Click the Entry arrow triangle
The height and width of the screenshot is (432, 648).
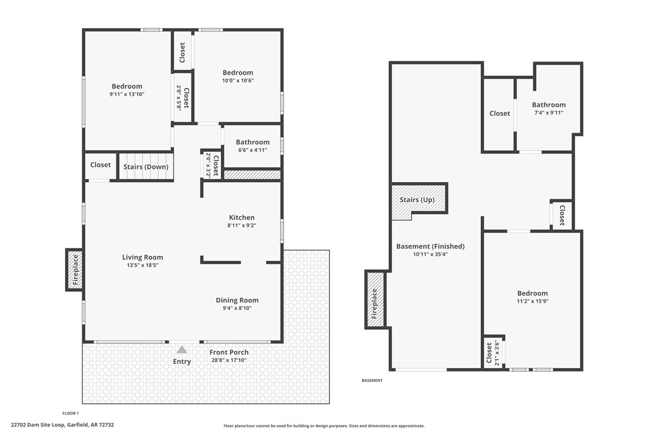pyautogui.click(x=181, y=350)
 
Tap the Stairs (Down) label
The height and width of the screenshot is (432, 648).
pyautogui.click(x=146, y=167)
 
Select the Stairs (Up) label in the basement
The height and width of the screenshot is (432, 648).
pyautogui.click(x=417, y=200)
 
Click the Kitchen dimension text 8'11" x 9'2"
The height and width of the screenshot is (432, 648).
pyautogui.click(x=242, y=226)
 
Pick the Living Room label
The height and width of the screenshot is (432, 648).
pyautogui.click(x=143, y=257)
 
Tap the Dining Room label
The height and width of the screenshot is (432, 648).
pyautogui.click(x=237, y=300)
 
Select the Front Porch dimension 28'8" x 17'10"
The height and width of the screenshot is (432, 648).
pyautogui.click(x=229, y=360)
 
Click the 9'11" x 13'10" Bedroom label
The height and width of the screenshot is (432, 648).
pyautogui.click(x=127, y=94)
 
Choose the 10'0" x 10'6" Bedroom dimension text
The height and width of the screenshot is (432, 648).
pyautogui.click(x=238, y=81)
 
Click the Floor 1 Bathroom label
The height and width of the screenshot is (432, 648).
pyautogui.click(x=252, y=142)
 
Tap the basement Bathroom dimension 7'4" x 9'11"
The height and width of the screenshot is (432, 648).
pyautogui.click(x=548, y=113)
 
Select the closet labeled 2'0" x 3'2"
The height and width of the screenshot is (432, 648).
pyautogui.click(x=212, y=163)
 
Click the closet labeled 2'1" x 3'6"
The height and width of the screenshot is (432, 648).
pyautogui.click(x=493, y=353)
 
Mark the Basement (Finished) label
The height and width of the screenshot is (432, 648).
pyautogui.click(x=430, y=246)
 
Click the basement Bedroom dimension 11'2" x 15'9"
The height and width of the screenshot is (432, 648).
pyautogui.click(x=532, y=301)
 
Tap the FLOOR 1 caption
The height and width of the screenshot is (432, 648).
pyautogui.click(x=70, y=413)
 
